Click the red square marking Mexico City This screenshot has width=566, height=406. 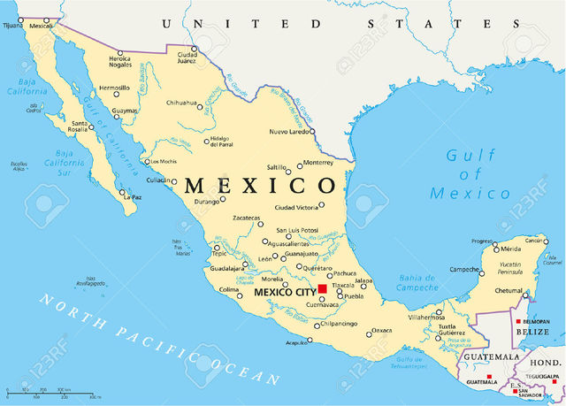(x=323, y=289)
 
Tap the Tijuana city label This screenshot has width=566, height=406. (x=12, y=26)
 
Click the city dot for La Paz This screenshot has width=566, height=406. (x=124, y=195)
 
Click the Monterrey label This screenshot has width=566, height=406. (x=317, y=162)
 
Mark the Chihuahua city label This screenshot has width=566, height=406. (x=181, y=103)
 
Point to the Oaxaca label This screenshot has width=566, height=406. (x=381, y=330)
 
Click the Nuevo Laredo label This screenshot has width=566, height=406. (x=290, y=131)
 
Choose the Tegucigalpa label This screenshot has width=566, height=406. (x=544, y=375)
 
